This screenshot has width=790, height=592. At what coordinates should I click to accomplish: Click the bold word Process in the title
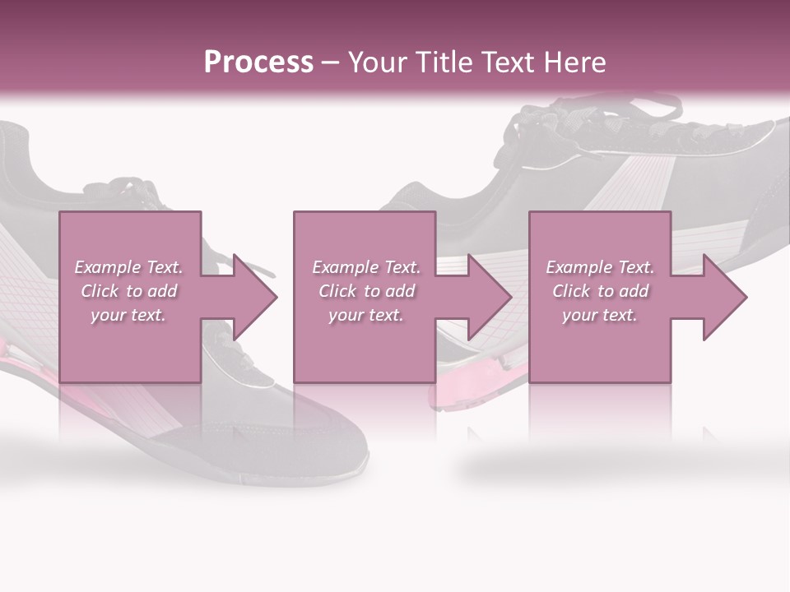coord(258,62)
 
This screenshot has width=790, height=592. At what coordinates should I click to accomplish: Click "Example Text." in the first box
coord(128,267)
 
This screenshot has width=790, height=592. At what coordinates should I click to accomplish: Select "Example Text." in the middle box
coord(366,267)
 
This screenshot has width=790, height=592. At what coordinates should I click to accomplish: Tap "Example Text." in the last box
coord(600,267)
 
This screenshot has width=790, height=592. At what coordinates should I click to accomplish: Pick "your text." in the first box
coord(128,315)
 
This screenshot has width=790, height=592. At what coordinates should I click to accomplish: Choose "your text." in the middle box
coord(366,315)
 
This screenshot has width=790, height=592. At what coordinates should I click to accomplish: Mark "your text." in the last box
coord(600,315)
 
